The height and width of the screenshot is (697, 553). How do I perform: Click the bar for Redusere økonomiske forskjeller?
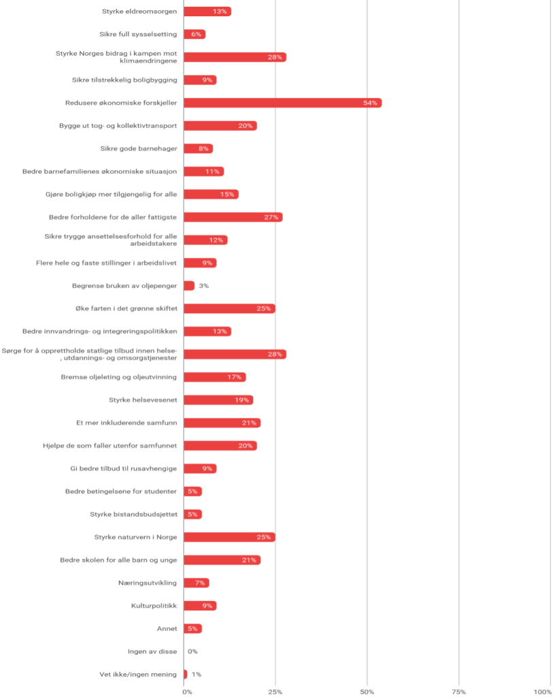pyautogui.click(x=282, y=103)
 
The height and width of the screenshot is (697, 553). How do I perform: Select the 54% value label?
pyautogui.click(x=371, y=103)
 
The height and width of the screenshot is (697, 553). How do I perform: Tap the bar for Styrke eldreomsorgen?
pyautogui.click(x=207, y=12)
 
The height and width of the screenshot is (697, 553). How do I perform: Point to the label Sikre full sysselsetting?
pyautogui.click(x=138, y=34)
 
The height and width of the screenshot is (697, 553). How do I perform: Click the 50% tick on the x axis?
pyautogui.click(x=367, y=692)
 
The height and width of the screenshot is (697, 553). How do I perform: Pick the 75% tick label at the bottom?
pyautogui.click(x=459, y=692)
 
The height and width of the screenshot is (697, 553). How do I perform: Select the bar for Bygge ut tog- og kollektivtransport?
pyautogui.click(x=220, y=126)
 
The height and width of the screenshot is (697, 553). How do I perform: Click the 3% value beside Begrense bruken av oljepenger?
pyautogui.click(x=203, y=286)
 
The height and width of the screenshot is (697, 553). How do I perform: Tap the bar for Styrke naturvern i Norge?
pyautogui.click(x=229, y=537)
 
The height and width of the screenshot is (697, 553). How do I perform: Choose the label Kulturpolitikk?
pyautogui.click(x=154, y=606)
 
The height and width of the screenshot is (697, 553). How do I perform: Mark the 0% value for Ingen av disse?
pyautogui.click(x=192, y=651)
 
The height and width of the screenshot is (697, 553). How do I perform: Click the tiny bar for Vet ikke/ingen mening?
pyautogui.click(x=185, y=675)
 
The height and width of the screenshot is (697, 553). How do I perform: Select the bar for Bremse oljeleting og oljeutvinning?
pyautogui.click(x=214, y=377)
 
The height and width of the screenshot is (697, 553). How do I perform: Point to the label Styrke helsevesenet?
pyautogui.click(x=143, y=400)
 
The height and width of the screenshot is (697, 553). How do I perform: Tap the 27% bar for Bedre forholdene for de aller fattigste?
pyautogui.click(x=233, y=217)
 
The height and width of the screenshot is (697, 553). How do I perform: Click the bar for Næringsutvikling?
pyautogui.click(x=196, y=583)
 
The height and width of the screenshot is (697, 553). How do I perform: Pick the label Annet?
pyautogui.click(x=167, y=628)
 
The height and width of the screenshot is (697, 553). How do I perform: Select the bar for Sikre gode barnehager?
pyautogui.click(x=198, y=148)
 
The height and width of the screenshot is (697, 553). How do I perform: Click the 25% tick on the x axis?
pyautogui.click(x=275, y=692)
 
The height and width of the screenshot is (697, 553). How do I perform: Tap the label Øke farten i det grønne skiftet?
pyautogui.click(x=127, y=308)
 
